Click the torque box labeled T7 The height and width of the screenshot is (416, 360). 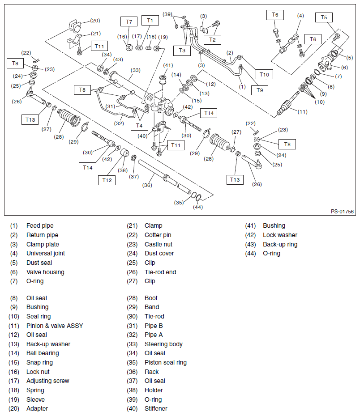pyautogui.click(x=129, y=21)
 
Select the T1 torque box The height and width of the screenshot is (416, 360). pyautogui.click(x=150, y=20)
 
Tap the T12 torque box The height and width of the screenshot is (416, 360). pyautogui.click(x=107, y=180)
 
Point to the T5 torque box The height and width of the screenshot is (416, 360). pyautogui.click(x=324, y=17)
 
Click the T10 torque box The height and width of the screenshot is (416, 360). pyautogui.click(x=264, y=74)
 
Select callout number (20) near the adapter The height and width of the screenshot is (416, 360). pyautogui.click(x=95, y=20)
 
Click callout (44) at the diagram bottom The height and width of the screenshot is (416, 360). pyautogui.click(x=198, y=207)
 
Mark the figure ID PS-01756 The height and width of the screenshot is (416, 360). pyautogui.click(x=343, y=212)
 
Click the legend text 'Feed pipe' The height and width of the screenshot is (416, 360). pyautogui.click(x=40, y=226)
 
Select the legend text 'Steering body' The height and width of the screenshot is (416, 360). pyautogui.click(x=163, y=344)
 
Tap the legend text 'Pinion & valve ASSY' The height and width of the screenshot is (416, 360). pyautogui.click(x=55, y=326)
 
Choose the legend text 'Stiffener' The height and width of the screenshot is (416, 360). pyautogui.click(x=156, y=408)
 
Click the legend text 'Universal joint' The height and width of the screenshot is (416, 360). pyautogui.click(x=46, y=253)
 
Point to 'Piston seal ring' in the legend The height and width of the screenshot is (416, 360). pyautogui.click(x=166, y=362)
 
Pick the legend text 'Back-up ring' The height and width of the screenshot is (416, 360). pyautogui.click(x=280, y=244)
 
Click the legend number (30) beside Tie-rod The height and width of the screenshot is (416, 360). pyautogui.click(x=133, y=316)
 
